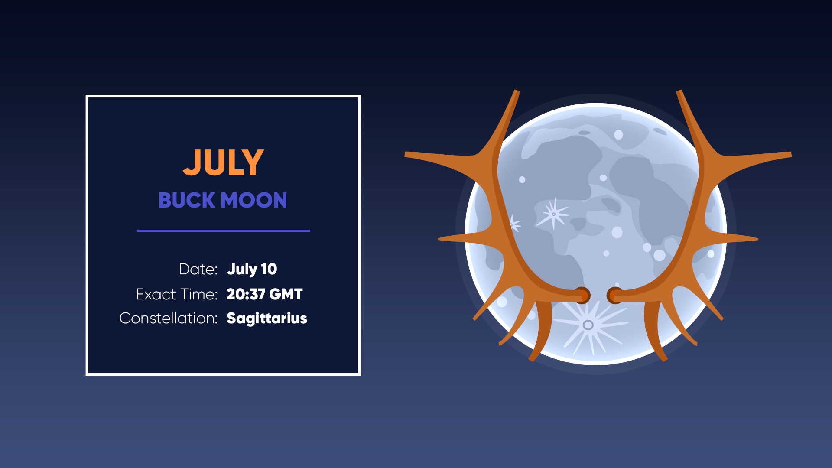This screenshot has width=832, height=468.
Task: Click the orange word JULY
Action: pos(223,162)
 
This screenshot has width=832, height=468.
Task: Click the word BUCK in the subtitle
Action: pos(187,200)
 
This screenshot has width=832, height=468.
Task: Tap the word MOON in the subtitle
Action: pos(254,200)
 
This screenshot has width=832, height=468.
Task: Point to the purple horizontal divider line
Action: pos(224,231)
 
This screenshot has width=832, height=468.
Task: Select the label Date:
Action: pos(198,269)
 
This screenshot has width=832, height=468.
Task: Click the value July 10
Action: pos(252,269)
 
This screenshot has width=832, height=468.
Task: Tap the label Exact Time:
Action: pos(176,294)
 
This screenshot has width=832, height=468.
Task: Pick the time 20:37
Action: pos(246,294)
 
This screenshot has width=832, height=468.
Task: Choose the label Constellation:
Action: pos(168,318)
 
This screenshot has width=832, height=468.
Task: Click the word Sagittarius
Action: pos(267,318)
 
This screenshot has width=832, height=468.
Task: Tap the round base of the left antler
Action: pos(582,295)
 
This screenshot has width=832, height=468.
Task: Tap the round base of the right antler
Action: pos(614,295)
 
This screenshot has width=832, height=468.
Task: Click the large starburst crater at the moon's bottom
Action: pos(588,325)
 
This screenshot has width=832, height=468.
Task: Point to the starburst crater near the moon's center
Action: pos(553,214)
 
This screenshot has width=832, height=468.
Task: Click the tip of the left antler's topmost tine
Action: pos(517,91)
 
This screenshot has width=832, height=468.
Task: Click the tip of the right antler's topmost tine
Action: pos(679,91)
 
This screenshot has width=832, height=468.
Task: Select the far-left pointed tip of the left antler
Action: pos(406,154)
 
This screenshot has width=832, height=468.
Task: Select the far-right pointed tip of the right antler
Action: pos(790,154)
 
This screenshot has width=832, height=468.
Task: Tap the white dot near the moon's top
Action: pos(619,135)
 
